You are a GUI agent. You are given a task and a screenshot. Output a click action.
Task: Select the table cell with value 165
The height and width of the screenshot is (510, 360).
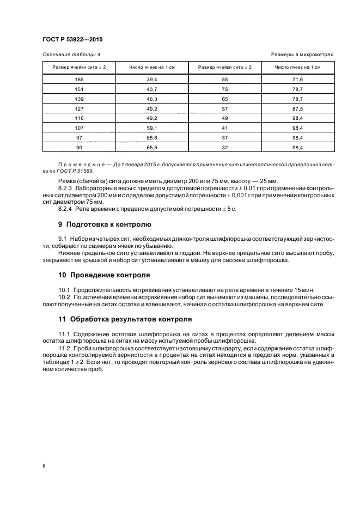[x=79, y=80]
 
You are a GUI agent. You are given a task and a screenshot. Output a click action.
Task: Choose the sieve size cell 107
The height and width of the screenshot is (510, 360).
[x=79, y=128]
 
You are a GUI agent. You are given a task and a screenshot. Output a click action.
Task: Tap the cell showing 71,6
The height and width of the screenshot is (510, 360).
[x=297, y=80]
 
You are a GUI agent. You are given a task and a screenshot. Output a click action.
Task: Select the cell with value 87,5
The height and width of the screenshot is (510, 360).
[x=297, y=108]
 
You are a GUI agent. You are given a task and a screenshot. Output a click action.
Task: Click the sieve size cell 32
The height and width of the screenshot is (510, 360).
[x=224, y=147]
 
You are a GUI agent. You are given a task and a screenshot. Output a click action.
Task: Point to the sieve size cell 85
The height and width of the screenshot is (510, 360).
[x=224, y=80]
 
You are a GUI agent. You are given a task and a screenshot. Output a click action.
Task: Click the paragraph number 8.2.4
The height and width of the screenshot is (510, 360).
[x=66, y=208]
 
